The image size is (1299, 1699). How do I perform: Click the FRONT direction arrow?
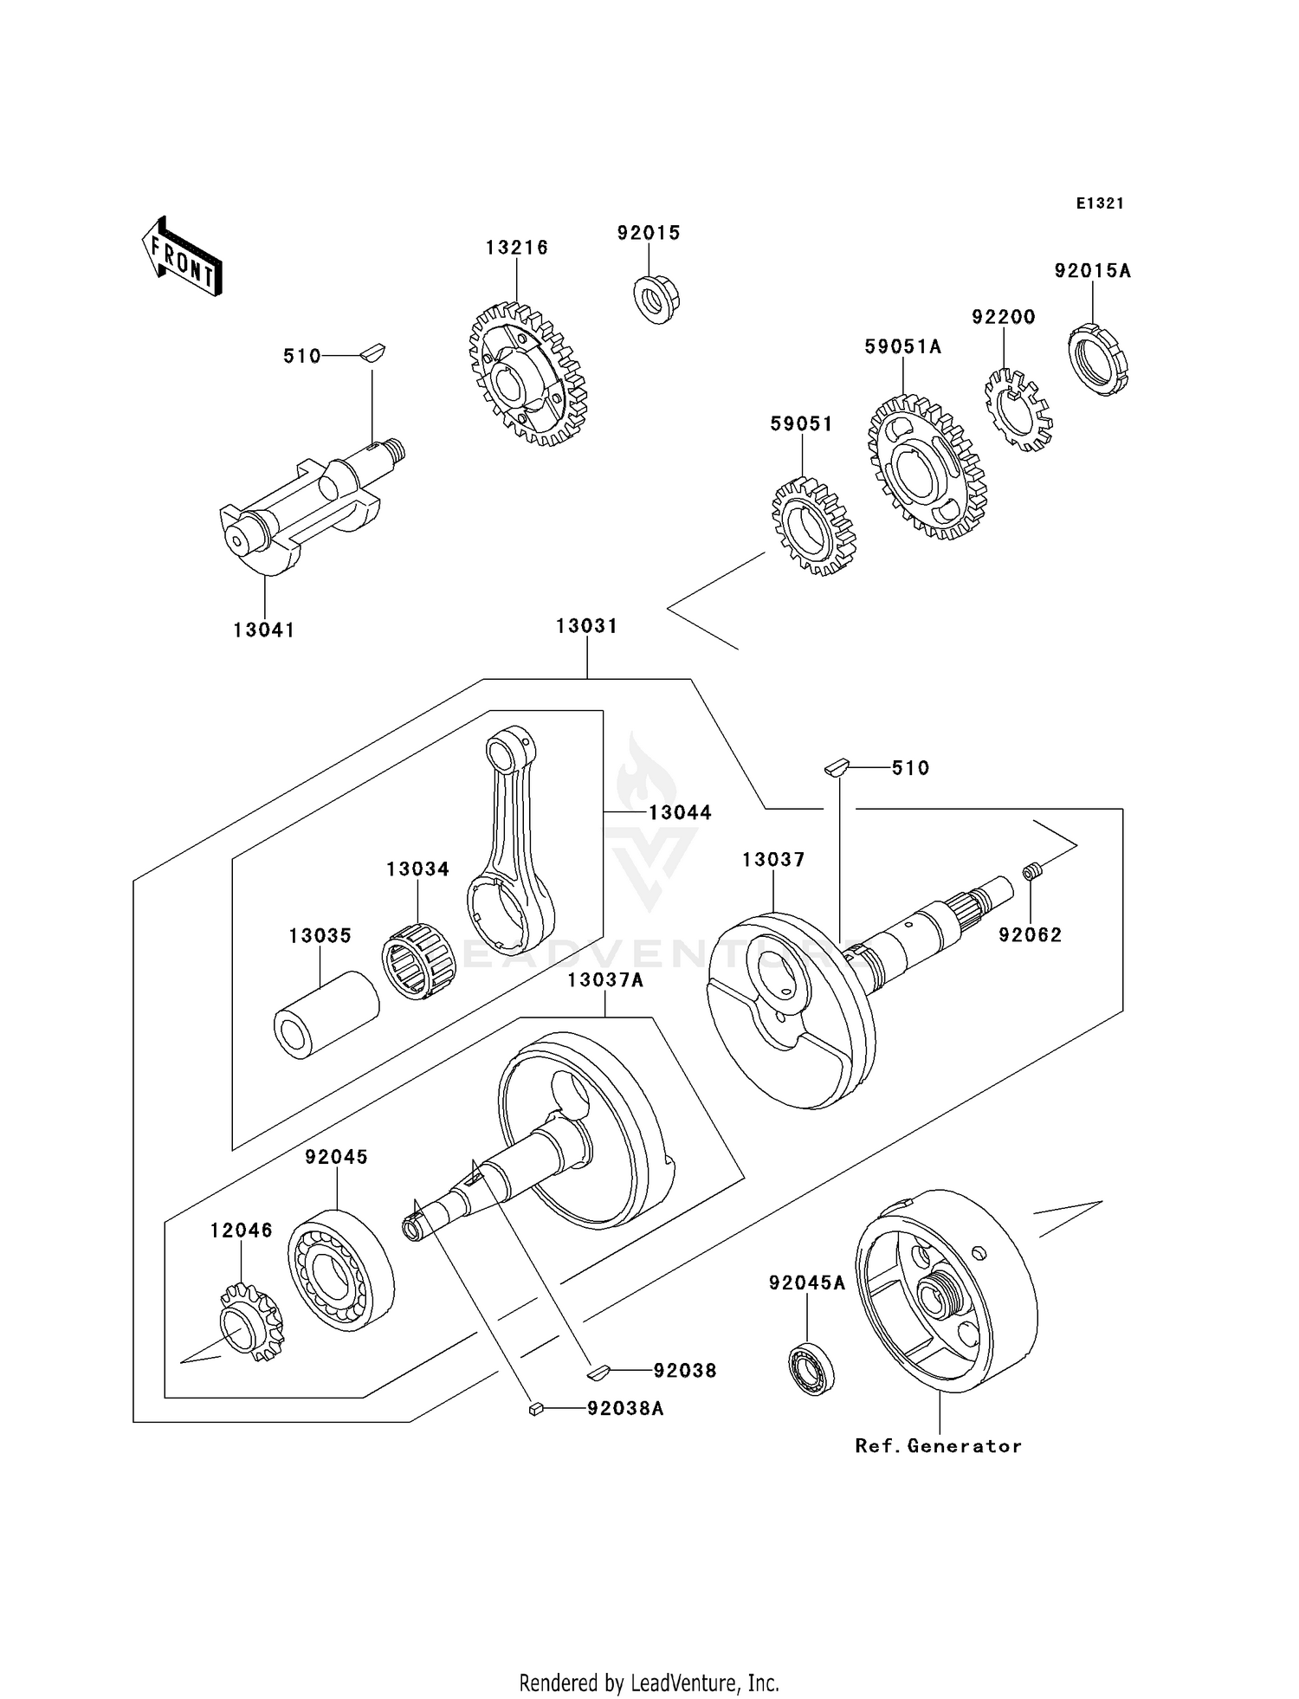(x=182, y=257)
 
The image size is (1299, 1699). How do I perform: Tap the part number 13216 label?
(x=516, y=248)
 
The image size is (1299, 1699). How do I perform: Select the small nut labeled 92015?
(x=656, y=298)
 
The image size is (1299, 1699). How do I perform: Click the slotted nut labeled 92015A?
(x=1097, y=359)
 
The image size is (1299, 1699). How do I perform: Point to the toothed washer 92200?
(x=1018, y=410)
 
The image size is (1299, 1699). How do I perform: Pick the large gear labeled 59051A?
(x=927, y=468)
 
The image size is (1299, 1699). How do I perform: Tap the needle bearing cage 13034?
(x=419, y=962)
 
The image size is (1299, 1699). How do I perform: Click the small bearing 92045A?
(x=811, y=1368)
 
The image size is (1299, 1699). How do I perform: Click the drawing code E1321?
(x=1100, y=203)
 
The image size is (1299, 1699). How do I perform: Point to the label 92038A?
(x=625, y=1409)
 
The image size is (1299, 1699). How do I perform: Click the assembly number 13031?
(x=586, y=626)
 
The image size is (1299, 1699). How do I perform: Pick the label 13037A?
(x=605, y=980)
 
